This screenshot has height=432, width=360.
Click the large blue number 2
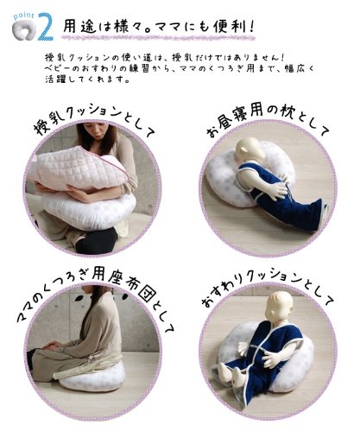[x=46, y=27]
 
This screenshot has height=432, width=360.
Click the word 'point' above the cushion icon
[x=24, y=16]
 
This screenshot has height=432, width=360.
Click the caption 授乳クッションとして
[x=93, y=121]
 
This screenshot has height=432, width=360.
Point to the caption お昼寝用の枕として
[x=267, y=121]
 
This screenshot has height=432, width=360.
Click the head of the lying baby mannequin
[x=248, y=151]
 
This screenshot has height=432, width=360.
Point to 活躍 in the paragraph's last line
[x=55, y=79]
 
